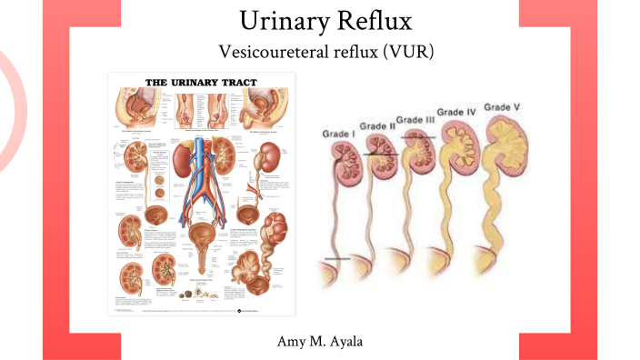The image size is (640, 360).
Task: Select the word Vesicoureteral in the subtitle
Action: [273, 52]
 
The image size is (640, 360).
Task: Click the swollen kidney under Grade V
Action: [504, 145]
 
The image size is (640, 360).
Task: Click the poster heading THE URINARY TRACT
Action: [201, 82]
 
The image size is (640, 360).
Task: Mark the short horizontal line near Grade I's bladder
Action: [336, 260]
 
